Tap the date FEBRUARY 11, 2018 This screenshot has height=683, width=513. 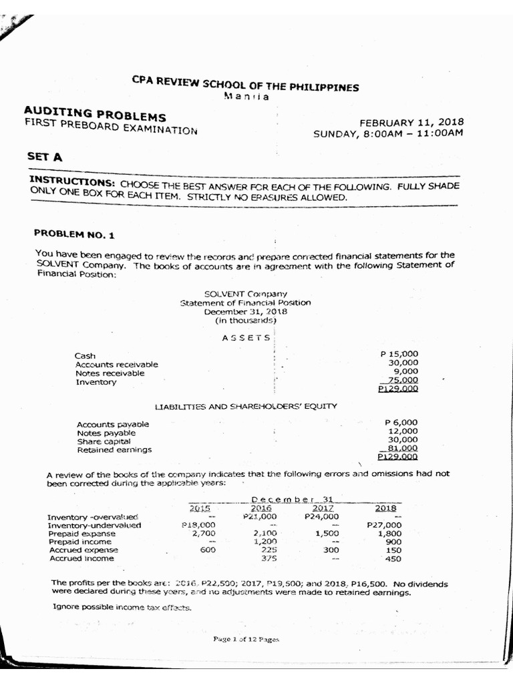click(411, 122)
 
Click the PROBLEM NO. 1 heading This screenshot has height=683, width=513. click(74, 233)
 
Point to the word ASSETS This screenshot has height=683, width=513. click(246, 337)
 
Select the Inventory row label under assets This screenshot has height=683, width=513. click(96, 382)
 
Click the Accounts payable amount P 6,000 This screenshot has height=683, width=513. click(401, 422)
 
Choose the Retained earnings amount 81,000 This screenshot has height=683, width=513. click(399, 449)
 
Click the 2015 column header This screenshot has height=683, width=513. click(200, 508)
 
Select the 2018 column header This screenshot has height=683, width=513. click(386, 508)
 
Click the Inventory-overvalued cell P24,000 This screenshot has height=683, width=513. click(321, 516)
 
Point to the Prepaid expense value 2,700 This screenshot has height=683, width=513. click(203, 534)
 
